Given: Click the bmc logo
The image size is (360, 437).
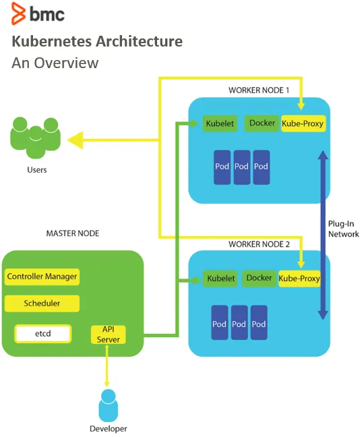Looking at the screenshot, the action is [38, 13].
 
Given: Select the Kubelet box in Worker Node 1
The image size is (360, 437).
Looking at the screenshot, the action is [220, 123].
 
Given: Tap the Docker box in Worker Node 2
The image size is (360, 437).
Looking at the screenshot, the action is [259, 278].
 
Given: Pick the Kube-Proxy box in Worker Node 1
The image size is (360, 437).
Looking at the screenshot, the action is [303, 123].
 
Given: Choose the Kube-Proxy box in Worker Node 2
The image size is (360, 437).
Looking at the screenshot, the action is [299, 279].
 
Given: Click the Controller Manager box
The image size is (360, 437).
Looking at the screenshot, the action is [42, 276].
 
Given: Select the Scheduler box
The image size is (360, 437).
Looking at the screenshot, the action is [42, 303].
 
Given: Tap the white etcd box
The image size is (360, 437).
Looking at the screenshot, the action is [43, 334].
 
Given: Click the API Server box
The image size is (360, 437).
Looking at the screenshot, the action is [109, 334].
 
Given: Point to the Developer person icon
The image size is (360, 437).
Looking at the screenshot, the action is [109, 405].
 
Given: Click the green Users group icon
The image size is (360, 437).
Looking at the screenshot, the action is [35, 137].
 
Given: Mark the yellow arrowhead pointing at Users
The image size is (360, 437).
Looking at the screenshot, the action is [76, 140].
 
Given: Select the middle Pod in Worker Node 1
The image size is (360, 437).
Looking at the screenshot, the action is [241, 167].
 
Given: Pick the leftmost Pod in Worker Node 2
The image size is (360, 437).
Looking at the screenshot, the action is [220, 322].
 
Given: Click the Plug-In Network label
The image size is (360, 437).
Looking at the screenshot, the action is [343, 229].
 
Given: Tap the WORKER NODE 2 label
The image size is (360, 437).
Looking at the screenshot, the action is [259, 244].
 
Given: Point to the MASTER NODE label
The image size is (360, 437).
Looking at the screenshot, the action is [73, 233].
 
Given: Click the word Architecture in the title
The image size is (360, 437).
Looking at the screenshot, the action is [140, 41].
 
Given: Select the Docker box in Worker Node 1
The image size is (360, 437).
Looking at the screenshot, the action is [262, 123].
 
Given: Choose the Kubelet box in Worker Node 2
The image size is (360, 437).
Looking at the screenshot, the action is [220, 279].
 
